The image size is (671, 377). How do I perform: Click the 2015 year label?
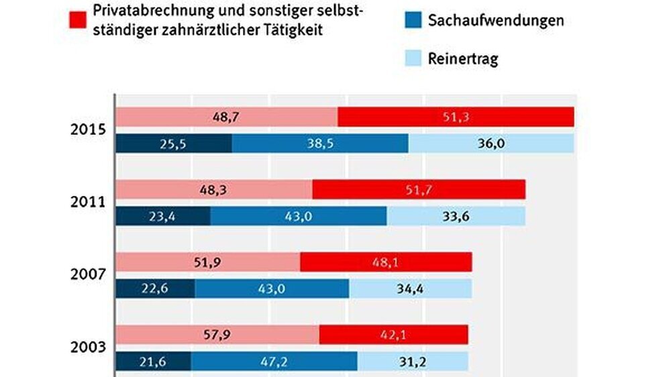tap(87, 130)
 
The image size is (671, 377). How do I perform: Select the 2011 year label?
tap(87, 202)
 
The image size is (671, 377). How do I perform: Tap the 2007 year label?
tap(87, 274)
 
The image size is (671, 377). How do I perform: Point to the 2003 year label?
tap(87, 347)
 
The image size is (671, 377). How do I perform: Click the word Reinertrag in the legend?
tap(463, 58)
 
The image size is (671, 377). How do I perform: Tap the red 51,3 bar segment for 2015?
tap(456, 117)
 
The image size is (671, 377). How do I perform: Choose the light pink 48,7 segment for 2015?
tap(227, 117)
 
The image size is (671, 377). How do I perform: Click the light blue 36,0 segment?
tap(491, 144)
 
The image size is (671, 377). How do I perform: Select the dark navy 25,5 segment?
tap(174, 144)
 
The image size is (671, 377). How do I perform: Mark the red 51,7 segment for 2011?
tap(419, 189)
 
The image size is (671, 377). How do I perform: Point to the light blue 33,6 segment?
tap(456, 216)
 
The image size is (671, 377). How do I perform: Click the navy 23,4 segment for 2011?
tap(163, 216)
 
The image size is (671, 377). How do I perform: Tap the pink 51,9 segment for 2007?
tap(208, 262)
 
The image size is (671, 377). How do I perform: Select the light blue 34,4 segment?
tap(411, 288)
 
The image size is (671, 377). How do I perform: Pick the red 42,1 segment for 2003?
tap(393, 334)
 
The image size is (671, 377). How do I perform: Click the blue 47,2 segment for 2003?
tap(274, 361)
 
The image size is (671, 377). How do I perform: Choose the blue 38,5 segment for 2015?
tap(320, 144)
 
